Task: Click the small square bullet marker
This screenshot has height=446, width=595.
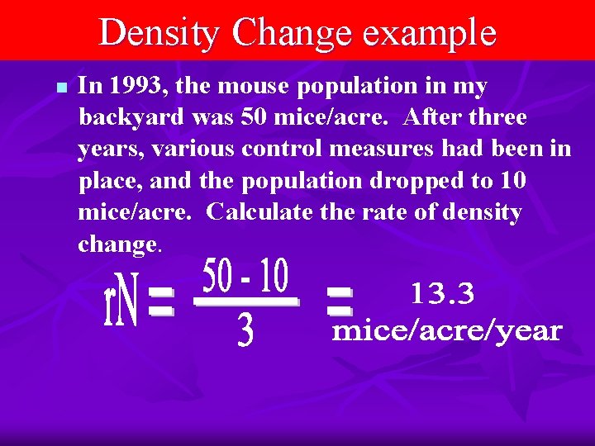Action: pos(59,87)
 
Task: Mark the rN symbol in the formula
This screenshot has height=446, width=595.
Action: pos(122,306)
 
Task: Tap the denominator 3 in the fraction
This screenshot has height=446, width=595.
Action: pos(245,332)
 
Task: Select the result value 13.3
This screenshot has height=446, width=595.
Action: pos(442,292)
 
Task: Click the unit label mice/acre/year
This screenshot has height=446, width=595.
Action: pos(446,332)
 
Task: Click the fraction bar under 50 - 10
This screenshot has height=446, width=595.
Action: pos(245,304)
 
